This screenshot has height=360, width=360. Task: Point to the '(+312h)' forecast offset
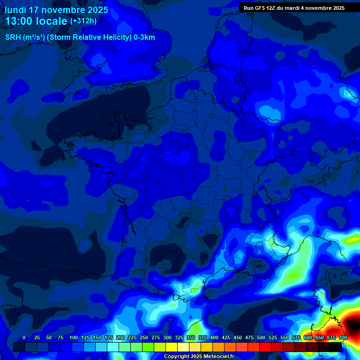coord(83,21)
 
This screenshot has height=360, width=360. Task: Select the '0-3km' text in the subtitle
coord(144,37)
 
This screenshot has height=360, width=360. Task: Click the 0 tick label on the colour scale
coord(24,338)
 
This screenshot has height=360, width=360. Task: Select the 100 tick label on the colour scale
coord(74,338)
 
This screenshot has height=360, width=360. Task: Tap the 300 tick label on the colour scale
coord(167,338)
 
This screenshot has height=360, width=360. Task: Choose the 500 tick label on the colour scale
coord(261,338)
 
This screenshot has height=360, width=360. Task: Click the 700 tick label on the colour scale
coord(343,338)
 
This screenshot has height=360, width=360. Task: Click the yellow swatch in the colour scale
coord(172,347)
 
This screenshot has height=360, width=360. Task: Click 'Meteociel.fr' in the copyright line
coord(218,357)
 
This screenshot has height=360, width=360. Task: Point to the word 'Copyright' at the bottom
coord(176,357)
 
